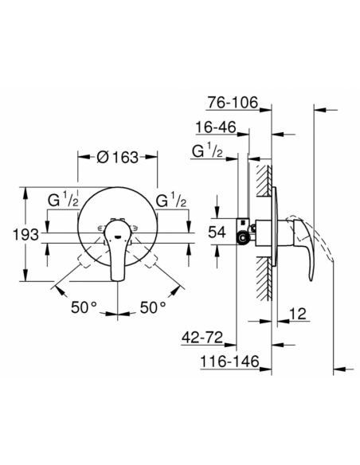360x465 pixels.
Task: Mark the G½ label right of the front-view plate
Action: coord(171,199)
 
